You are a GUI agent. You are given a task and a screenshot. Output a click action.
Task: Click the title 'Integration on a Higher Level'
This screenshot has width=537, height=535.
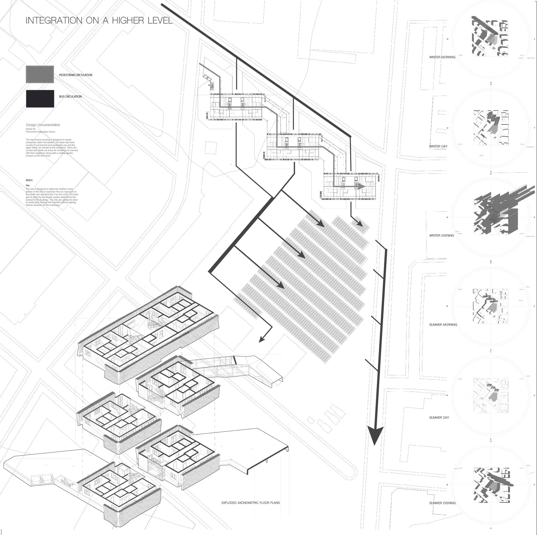click(x=99, y=21)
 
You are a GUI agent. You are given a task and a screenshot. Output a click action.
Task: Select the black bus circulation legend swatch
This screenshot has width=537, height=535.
click(x=40, y=99)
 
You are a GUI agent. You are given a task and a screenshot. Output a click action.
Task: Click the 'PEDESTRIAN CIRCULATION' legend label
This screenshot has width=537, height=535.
click(x=76, y=75)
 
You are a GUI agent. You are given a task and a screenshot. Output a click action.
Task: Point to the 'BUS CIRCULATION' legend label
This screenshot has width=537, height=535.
click(x=70, y=97)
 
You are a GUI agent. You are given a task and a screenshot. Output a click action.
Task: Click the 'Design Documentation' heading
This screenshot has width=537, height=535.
click(x=43, y=125)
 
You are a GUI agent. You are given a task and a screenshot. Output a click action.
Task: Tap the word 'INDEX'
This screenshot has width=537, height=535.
click(x=29, y=180)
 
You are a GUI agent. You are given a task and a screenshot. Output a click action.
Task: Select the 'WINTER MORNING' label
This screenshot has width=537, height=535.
click(x=442, y=57)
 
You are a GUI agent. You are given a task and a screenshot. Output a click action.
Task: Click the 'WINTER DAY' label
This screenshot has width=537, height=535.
click(x=438, y=146)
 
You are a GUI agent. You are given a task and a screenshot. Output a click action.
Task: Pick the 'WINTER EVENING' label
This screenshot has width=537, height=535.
click(x=441, y=236)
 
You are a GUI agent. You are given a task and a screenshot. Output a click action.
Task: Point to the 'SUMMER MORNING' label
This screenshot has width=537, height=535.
click(x=443, y=325)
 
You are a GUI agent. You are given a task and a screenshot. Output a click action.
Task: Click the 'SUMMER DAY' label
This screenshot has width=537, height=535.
click(x=439, y=418)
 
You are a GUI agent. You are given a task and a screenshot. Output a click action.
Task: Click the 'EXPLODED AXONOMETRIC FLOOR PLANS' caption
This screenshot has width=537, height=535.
click(x=251, y=503)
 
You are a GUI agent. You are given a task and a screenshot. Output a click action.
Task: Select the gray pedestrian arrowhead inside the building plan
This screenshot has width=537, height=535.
click(x=361, y=187)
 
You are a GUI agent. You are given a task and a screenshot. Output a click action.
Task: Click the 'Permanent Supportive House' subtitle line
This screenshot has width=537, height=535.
click(x=40, y=132)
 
